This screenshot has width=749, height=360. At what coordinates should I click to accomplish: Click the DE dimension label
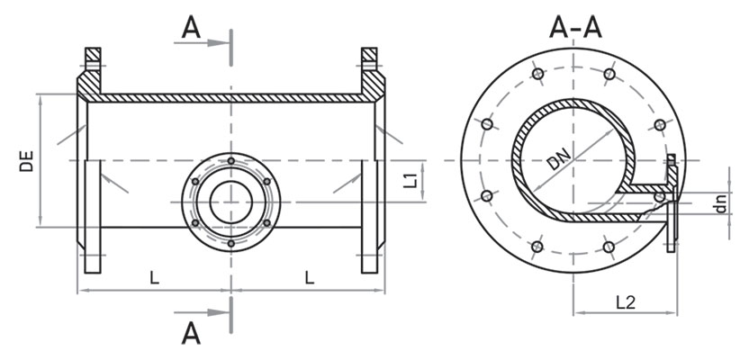tap(27, 161)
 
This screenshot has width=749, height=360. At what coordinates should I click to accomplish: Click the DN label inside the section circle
tap(558, 159)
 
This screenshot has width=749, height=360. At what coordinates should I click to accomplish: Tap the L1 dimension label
tap(411, 181)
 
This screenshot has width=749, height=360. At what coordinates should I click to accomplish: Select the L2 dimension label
tap(626, 302)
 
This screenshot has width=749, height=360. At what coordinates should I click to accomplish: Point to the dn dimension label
tap(721, 202)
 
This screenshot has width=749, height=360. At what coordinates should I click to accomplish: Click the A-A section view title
tap(575, 27)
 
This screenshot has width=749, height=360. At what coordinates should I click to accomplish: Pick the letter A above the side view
tap(191, 29)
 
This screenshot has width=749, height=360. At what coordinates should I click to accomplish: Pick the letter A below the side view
tap(191, 333)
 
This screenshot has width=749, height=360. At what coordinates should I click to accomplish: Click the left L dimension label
tap(154, 277)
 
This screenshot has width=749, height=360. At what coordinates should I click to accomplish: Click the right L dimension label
tap(310, 277)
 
